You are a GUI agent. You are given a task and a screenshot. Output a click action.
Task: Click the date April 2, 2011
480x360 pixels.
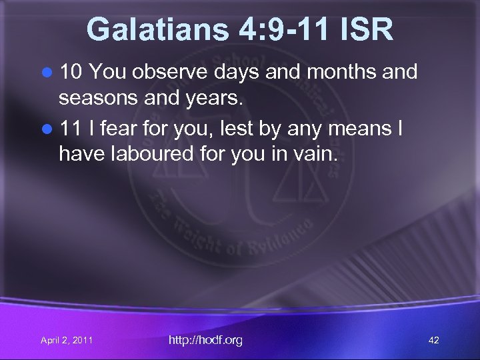click(66, 341)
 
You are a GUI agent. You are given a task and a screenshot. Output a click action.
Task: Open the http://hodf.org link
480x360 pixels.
click(205, 340)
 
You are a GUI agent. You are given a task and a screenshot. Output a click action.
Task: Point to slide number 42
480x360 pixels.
click(433, 341)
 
